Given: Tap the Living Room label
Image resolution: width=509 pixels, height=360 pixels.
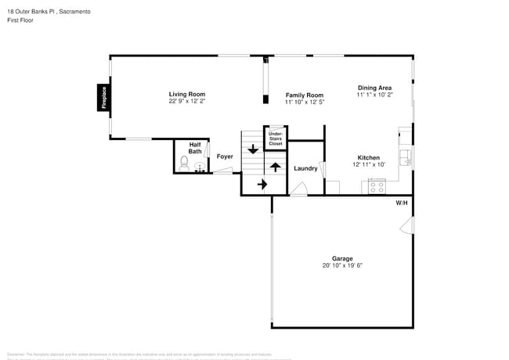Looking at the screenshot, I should click(x=186, y=94).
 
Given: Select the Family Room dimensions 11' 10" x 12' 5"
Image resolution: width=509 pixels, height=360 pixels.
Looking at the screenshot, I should click(x=304, y=102).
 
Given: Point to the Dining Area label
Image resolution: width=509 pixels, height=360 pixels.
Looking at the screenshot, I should click(x=374, y=88).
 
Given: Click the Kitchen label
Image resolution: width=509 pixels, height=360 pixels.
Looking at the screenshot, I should click(x=369, y=157).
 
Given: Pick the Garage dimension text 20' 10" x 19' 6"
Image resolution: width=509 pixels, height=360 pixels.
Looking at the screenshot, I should click(x=341, y=265).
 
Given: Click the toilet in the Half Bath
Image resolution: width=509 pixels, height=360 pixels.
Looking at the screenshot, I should click(x=184, y=164).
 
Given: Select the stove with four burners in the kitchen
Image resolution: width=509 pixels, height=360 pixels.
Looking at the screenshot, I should click(x=377, y=188).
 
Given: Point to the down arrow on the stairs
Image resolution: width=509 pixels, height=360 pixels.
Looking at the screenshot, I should click(x=253, y=148).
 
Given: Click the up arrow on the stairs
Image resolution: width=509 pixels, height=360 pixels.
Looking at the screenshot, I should click(x=275, y=167).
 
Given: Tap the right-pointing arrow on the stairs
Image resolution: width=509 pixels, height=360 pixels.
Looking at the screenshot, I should click(x=262, y=185).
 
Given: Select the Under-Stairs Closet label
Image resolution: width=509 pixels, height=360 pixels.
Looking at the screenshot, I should click(x=276, y=139).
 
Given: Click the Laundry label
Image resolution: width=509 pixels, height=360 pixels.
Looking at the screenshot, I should click(x=305, y=168).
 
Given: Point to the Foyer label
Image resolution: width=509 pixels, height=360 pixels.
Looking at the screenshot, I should click(x=225, y=157).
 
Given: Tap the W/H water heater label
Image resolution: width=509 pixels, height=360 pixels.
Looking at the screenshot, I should click(x=401, y=203).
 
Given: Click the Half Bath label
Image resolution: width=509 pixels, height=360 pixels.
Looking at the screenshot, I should click(x=195, y=147).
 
